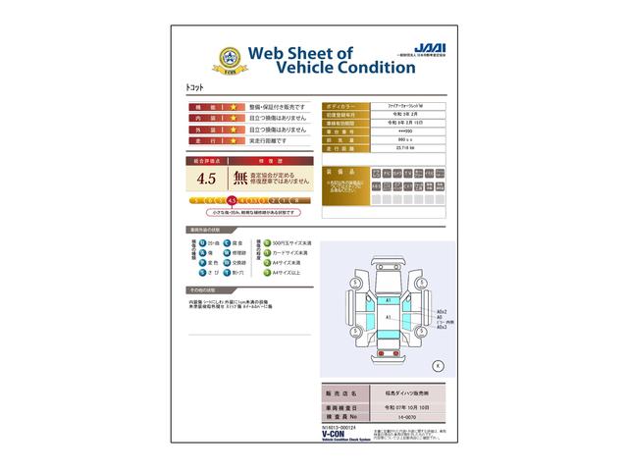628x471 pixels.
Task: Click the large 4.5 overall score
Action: pos(207,180)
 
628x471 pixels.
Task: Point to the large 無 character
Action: pos(240,179)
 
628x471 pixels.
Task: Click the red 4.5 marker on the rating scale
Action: pos(232,200)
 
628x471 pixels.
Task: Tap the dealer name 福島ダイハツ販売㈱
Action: pos(403,392)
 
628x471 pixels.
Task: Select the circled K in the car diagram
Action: pos(438,365)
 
